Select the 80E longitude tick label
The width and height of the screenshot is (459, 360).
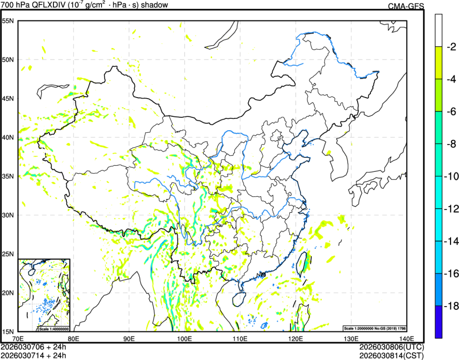(x=73, y=338)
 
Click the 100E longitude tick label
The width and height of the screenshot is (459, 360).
(x=184, y=338)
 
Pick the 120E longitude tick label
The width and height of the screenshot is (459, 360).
(x=295, y=338)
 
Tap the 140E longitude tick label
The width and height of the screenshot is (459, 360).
(x=406, y=338)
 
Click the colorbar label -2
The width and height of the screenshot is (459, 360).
(x=451, y=46)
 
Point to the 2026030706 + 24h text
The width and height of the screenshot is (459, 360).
(x=34, y=347)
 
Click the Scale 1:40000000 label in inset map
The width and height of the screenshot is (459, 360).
(x=54, y=329)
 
